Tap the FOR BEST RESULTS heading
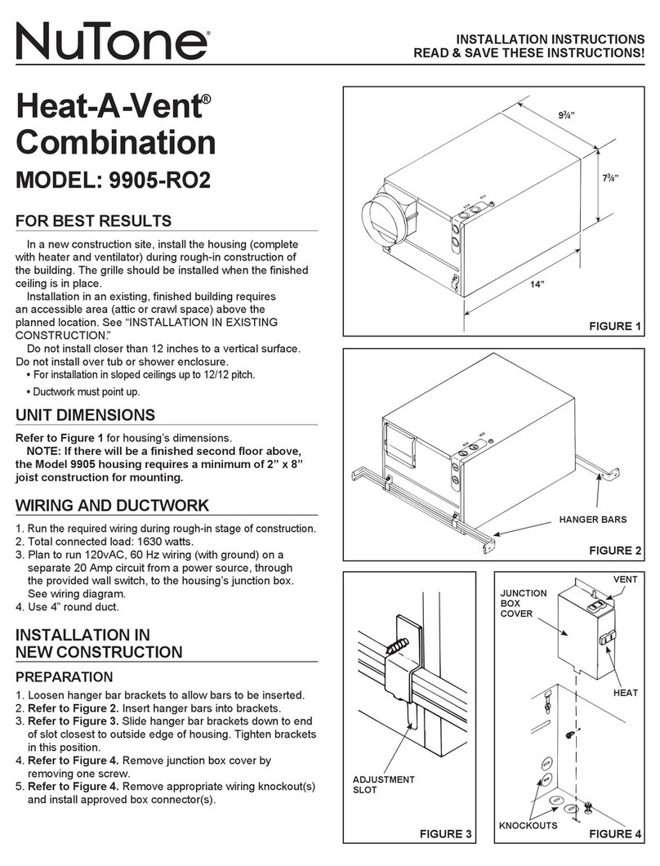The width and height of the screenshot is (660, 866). pos(94,221)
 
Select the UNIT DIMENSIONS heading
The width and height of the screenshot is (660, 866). pos(86,415)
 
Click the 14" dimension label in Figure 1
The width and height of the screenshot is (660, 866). pos(536,283)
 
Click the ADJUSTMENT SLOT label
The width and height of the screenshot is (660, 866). pos(384,785)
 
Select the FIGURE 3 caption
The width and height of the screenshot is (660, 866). pos(445,834)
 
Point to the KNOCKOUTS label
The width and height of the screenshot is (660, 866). pos(528,826)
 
